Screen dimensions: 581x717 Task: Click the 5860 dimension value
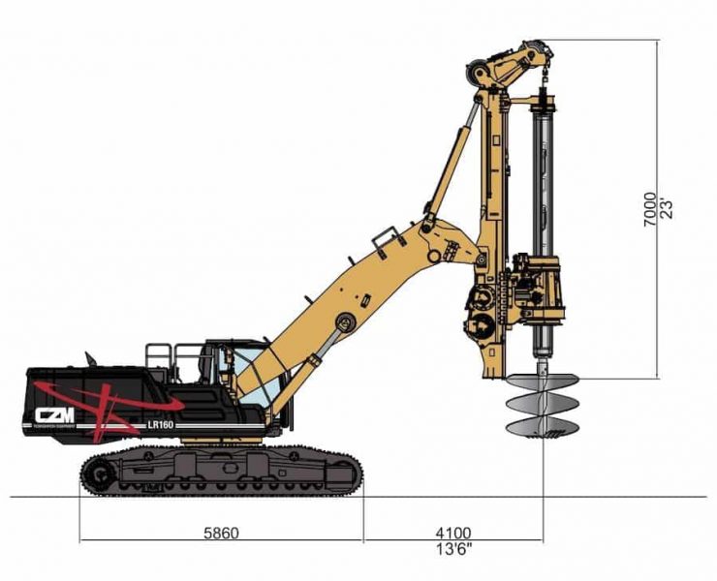tap(222, 533)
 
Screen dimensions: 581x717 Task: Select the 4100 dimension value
tap(452, 533)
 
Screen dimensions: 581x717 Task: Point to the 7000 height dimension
tap(650, 208)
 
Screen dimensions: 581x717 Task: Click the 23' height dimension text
tap(667, 208)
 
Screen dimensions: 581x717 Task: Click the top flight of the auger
tap(543, 382)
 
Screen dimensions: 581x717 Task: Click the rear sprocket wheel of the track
tap(98, 474)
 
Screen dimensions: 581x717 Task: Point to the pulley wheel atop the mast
tap(478, 71)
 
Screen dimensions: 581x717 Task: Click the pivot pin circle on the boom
tap(340, 322)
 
